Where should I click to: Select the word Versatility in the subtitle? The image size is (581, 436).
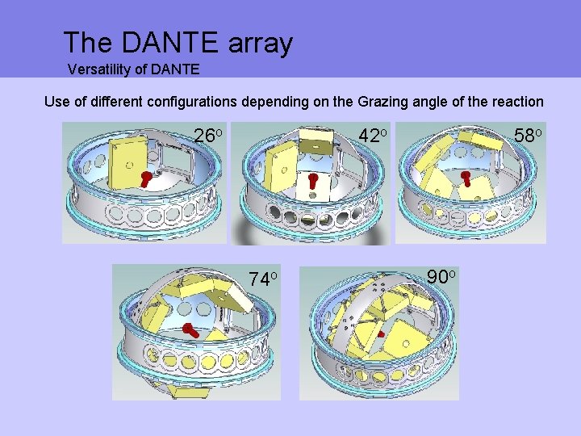(98, 69)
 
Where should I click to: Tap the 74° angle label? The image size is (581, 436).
(263, 279)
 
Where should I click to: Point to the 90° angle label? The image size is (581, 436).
(441, 277)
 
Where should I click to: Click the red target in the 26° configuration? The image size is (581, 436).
(146, 177)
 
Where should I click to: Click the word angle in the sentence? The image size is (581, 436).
(441, 103)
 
